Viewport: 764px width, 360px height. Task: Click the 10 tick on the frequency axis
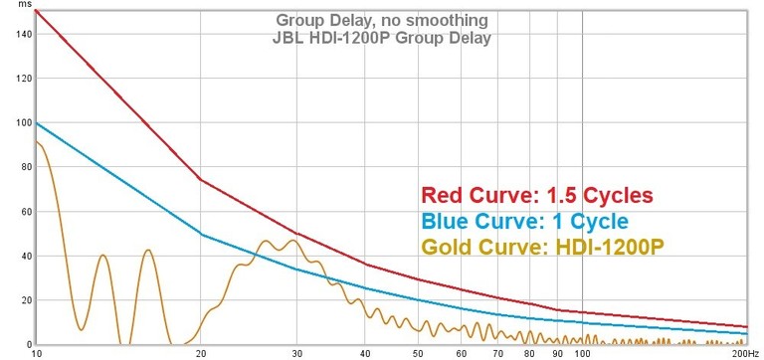pos(37,353)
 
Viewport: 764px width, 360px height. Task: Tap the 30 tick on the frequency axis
pos(296,353)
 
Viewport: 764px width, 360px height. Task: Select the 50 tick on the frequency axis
pos(419,353)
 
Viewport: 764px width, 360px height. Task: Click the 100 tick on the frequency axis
pos(583,353)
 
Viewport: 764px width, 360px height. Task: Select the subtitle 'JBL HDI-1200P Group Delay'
pos(382,38)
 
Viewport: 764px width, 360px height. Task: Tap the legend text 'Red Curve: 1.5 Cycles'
pos(536,195)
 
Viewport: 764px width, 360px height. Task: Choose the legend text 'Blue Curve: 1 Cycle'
pos(525,221)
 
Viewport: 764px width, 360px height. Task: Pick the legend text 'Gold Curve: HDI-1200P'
pos(541,247)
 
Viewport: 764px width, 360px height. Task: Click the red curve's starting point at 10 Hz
pos(36,11)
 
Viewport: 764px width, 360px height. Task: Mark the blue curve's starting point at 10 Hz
pos(36,123)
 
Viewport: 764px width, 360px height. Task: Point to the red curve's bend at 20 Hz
pos(200,180)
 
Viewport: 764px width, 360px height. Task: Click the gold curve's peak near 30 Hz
pos(293,241)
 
